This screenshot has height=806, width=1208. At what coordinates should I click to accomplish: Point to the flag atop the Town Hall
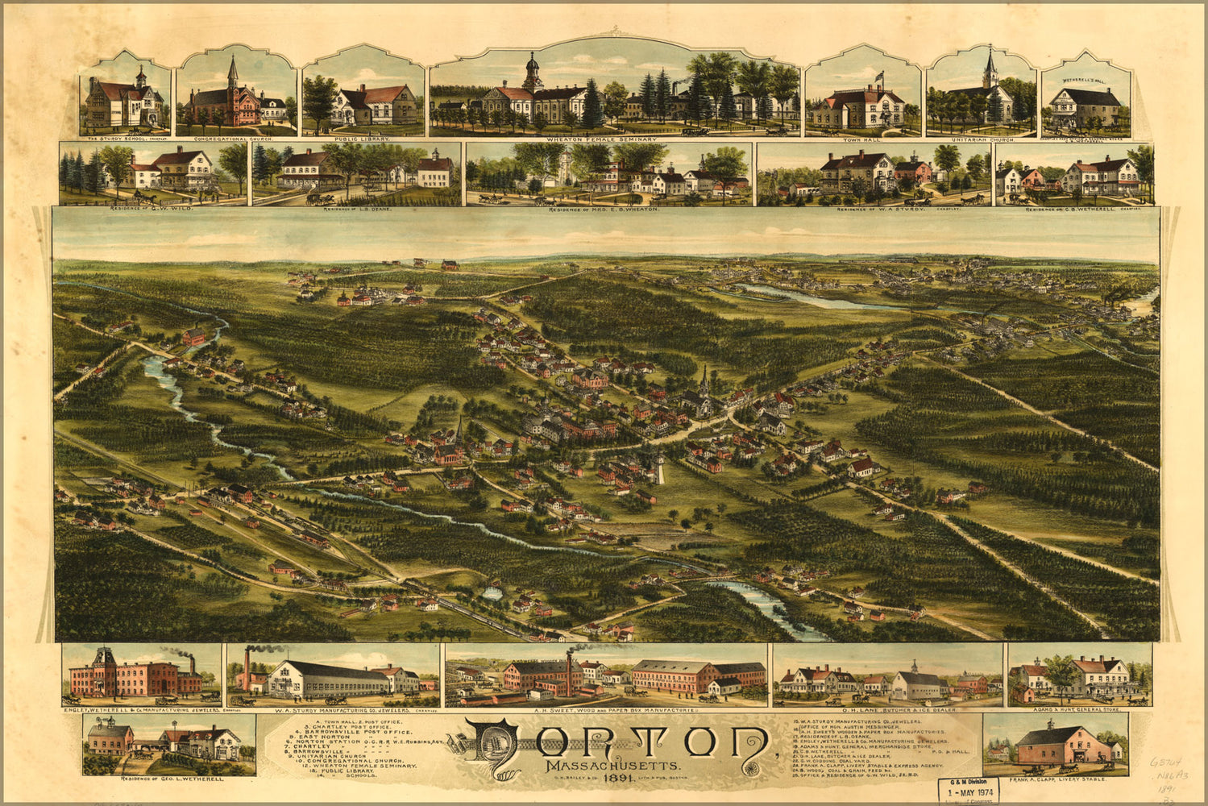[x=879, y=76]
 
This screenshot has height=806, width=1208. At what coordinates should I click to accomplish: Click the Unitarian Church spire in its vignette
[x=990, y=66]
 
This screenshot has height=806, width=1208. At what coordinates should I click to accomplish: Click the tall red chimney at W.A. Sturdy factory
[x=247, y=667]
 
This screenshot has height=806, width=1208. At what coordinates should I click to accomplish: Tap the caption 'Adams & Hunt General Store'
[x=1078, y=710]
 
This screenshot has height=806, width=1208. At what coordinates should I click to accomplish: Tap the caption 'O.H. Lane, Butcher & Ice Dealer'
[x=887, y=710]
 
